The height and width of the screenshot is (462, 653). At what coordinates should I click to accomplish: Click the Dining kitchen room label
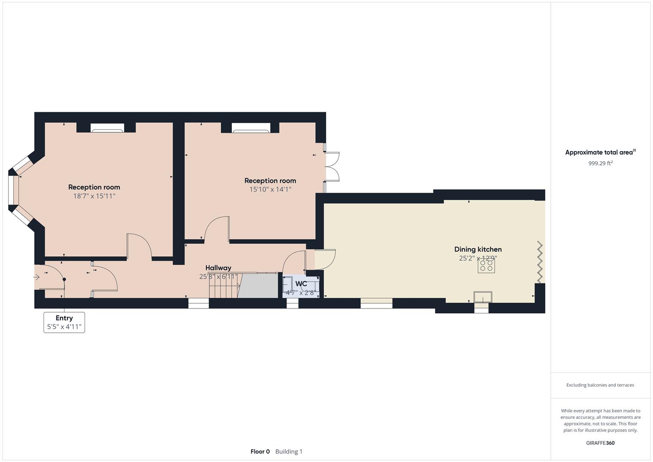(478, 249)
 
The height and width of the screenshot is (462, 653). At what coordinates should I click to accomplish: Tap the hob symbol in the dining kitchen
(486, 266)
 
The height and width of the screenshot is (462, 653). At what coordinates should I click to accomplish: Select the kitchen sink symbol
(483, 297)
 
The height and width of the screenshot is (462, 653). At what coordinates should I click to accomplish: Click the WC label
(301, 284)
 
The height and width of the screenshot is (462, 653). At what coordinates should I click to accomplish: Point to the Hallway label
(218, 268)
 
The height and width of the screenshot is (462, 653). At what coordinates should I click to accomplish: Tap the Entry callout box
(64, 322)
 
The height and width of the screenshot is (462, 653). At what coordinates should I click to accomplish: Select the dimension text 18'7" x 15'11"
(94, 196)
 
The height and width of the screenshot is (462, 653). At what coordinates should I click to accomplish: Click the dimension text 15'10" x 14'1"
(270, 190)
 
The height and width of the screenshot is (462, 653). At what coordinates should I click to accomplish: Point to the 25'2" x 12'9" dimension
(478, 258)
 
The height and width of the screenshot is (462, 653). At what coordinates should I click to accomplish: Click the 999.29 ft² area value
(600, 163)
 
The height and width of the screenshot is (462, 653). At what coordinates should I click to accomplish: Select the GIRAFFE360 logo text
(600, 443)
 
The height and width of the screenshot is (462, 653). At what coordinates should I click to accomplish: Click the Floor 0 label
(260, 452)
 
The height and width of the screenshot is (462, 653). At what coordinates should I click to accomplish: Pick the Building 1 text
(289, 452)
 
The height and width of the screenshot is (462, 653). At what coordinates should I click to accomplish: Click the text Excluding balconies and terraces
(600, 385)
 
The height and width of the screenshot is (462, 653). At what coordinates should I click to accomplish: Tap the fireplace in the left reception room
(106, 127)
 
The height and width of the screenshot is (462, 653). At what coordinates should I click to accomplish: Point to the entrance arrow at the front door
(37, 277)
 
